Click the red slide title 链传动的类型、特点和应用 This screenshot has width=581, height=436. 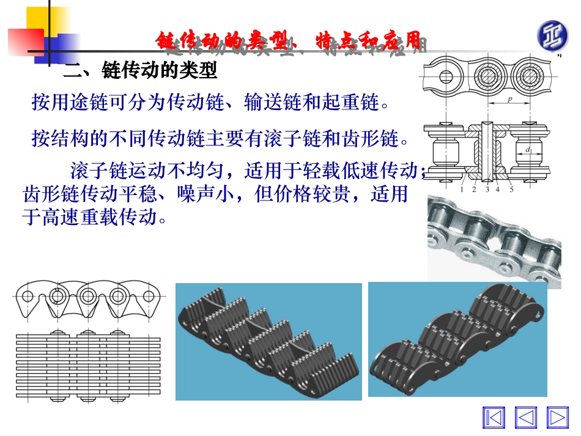[287, 42]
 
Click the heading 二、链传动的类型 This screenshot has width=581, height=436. [141, 72]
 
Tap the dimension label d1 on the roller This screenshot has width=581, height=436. [527, 149]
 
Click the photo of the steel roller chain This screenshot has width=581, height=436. [494, 240]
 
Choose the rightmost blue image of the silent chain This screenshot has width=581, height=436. [457, 339]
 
